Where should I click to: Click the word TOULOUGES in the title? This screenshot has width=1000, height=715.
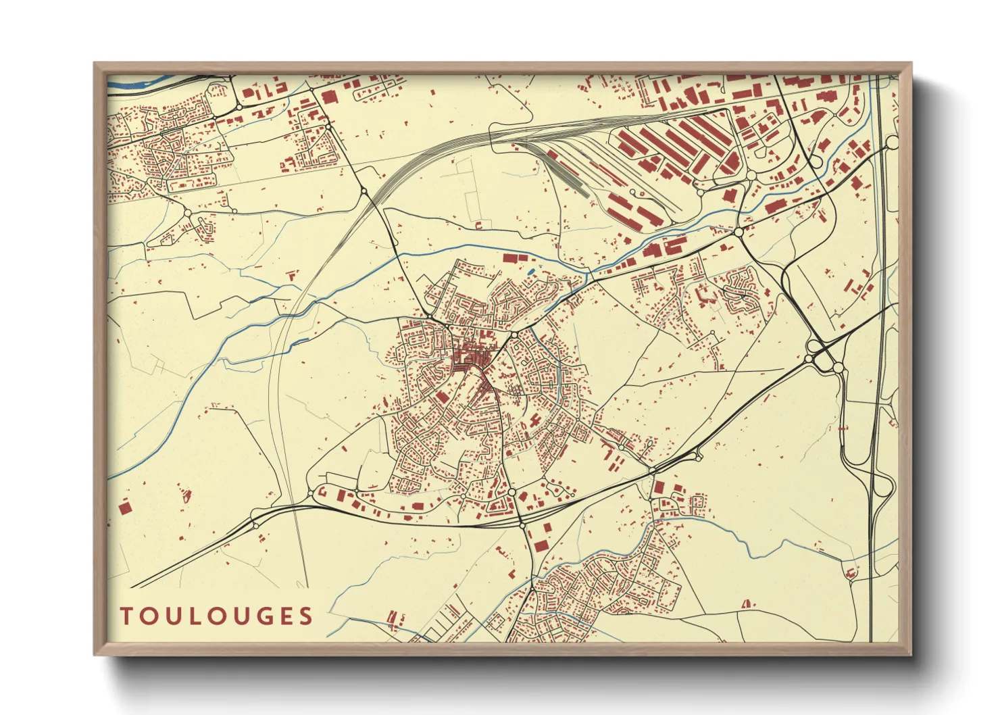216,616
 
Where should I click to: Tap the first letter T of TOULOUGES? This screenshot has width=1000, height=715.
126,616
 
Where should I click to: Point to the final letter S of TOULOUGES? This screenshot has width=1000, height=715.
307,616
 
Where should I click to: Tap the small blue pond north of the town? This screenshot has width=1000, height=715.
530,272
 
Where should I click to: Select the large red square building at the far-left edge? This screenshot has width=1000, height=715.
124,506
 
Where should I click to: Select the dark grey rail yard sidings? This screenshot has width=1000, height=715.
568,172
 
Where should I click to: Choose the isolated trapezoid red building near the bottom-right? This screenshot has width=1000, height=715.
747,603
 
